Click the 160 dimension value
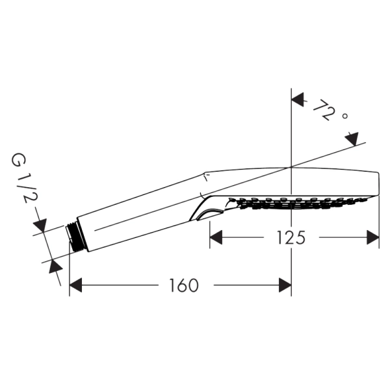pyautogui.click(x=184, y=285)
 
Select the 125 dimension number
pyautogui.click(x=291, y=237)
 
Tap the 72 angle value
pyautogui.click(x=323, y=110)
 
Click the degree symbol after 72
pyautogui.click(x=344, y=116)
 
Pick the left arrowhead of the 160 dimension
pyautogui.click(x=75, y=285)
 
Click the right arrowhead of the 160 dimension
pyautogui.click(x=285, y=285)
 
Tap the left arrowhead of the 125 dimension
pyautogui.click(x=216, y=237)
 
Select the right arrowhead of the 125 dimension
pyautogui.click(x=373, y=237)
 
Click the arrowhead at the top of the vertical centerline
pyautogui.click(x=298, y=99)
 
